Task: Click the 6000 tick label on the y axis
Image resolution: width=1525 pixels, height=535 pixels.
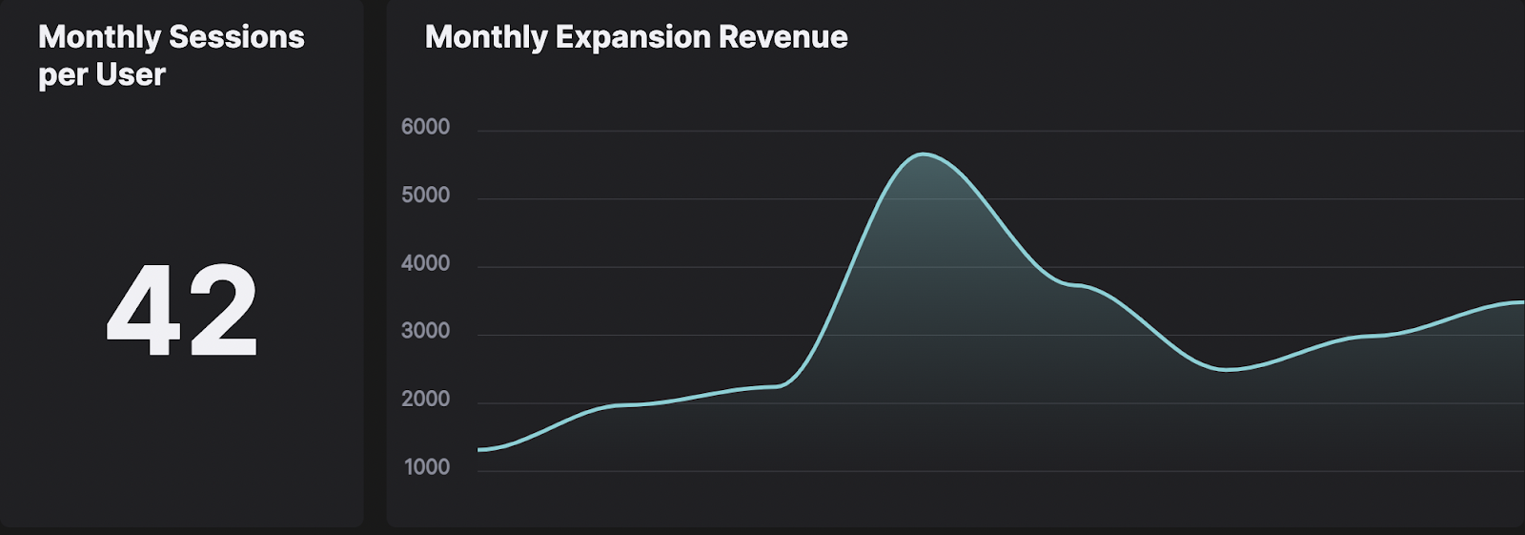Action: tap(425, 127)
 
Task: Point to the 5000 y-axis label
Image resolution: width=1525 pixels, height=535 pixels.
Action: tap(425, 195)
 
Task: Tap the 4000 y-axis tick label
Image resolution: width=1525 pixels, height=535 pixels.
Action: tap(425, 263)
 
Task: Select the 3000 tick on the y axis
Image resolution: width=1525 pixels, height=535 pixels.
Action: tap(425, 331)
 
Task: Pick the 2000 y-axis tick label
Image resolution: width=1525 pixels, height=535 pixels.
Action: tap(425, 400)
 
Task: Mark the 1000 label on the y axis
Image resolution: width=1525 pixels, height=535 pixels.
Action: tap(427, 467)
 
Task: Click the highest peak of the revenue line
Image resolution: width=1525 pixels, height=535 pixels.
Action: tap(923, 154)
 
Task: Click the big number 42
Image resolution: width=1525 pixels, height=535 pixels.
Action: tap(182, 311)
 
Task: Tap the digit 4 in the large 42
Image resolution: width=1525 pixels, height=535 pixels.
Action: tap(143, 311)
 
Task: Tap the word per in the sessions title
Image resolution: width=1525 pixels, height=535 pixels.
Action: tap(63, 76)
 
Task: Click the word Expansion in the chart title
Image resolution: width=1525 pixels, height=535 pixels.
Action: tap(633, 37)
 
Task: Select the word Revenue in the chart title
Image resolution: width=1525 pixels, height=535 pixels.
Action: tap(783, 37)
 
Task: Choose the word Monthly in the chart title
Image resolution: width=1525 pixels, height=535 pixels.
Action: tap(486, 37)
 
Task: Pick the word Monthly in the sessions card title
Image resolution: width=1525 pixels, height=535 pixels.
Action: tap(99, 37)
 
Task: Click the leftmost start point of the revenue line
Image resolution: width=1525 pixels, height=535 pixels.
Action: tap(479, 449)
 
